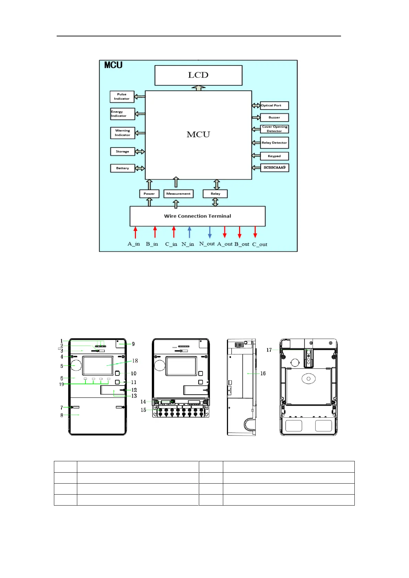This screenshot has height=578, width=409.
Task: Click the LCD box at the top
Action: point(198,75)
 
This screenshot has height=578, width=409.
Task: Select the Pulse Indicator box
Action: point(122,96)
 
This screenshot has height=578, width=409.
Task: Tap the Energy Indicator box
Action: point(122,114)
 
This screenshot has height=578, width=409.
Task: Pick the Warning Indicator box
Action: point(122,133)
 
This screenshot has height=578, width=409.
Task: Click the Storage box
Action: point(122,151)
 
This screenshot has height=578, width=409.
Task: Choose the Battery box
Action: point(122,168)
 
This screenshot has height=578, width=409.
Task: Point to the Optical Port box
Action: point(274,105)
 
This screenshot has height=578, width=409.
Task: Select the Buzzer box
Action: point(274,117)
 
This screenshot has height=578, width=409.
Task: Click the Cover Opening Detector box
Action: point(274,129)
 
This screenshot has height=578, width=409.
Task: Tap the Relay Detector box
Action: point(274,143)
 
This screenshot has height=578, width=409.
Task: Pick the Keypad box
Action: point(274,156)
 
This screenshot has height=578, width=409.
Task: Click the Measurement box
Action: point(179,194)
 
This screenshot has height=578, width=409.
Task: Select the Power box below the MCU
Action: point(149,194)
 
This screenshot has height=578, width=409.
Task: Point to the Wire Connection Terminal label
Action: point(197,216)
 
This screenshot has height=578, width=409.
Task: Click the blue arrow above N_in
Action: point(190,232)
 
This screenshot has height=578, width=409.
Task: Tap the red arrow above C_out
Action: point(255,232)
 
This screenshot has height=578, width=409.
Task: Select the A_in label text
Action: point(134,244)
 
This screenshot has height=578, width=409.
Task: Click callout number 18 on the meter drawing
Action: point(135,361)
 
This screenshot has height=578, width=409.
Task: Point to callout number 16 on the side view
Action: point(263,373)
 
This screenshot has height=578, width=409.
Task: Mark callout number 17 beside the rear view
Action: point(269,350)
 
